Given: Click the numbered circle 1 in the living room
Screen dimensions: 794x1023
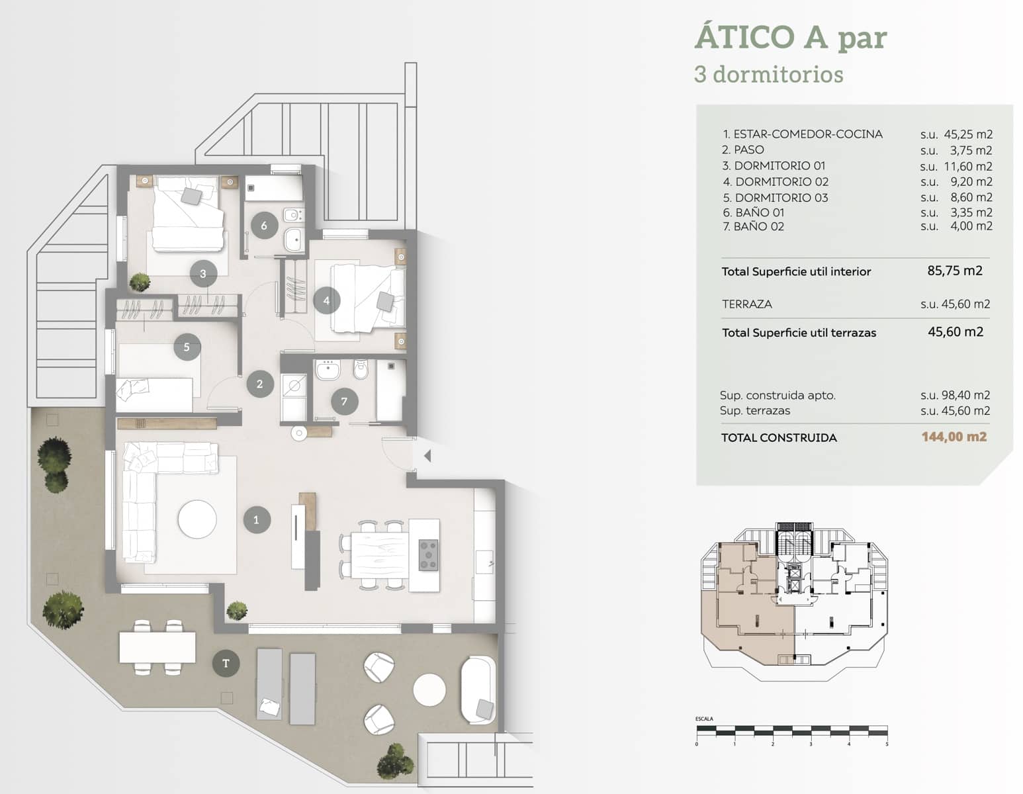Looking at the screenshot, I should pyautogui.click(x=257, y=520).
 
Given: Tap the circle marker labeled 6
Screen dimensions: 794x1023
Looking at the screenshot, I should pyautogui.click(x=264, y=226).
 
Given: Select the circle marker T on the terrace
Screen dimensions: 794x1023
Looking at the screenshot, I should pyautogui.click(x=226, y=663).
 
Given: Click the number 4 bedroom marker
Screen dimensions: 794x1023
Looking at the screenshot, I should pyautogui.click(x=326, y=300).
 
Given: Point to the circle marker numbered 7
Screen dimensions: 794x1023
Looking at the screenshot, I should pyautogui.click(x=344, y=401).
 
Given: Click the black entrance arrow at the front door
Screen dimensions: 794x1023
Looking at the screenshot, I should pyautogui.click(x=427, y=455).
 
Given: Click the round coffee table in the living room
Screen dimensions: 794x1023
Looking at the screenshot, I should pyautogui.click(x=197, y=519).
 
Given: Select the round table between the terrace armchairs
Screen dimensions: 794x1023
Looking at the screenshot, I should pyautogui.click(x=429, y=690).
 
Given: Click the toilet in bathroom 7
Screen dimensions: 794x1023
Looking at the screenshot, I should pyautogui.click(x=361, y=370).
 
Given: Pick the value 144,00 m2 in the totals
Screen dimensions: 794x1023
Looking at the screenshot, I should pyautogui.click(x=954, y=437).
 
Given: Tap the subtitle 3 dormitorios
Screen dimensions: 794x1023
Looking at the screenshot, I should pyautogui.click(x=768, y=74).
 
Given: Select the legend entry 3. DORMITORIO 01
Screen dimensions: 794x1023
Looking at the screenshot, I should pyautogui.click(x=774, y=165).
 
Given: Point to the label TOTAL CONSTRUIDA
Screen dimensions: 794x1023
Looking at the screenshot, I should pyautogui.click(x=779, y=437).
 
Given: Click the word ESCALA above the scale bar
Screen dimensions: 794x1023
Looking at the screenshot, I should pyautogui.click(x=704, y=719).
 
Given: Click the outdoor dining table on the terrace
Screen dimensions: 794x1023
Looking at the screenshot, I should pyautogui.click(x=157, y=647).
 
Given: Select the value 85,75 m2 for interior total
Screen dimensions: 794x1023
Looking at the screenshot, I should pyautogui.click(x=955, y=271).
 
